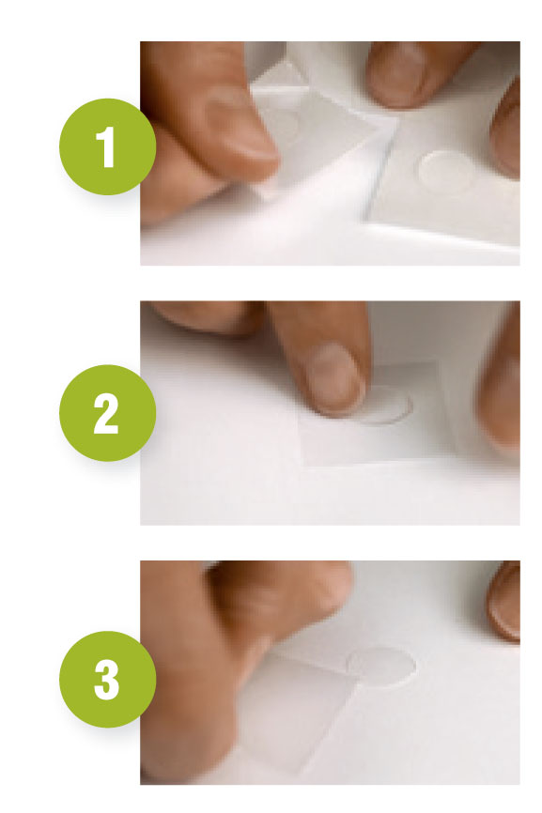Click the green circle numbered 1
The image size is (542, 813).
point(107,146)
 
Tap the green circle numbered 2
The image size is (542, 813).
point(107,413)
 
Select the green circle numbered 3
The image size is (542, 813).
point(107,680)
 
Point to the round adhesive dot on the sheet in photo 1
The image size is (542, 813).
point(447,170)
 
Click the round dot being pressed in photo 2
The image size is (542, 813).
point(386,406)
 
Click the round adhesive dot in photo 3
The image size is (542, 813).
point(381,667)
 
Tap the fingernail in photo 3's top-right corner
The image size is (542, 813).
point(504,603)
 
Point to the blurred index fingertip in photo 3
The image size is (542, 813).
point(290,596)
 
